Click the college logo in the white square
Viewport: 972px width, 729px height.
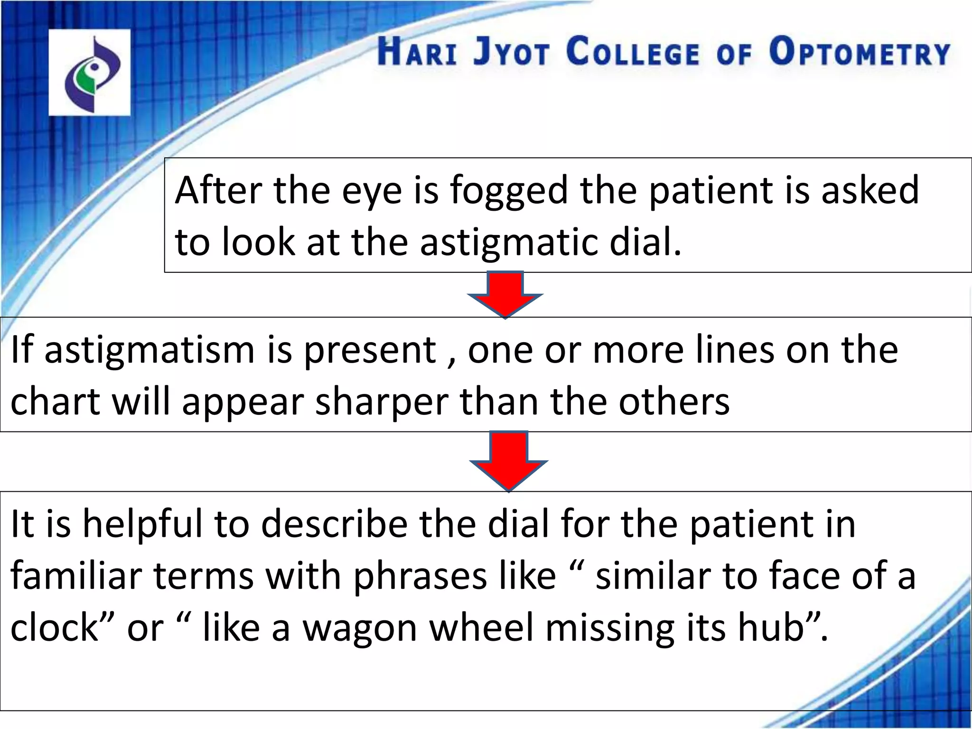(89, 72)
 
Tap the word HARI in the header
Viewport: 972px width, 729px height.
(418, 53)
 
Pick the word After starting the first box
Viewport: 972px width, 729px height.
(218, 190)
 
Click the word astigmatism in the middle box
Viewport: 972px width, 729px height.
(150, 350)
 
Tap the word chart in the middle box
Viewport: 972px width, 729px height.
(55, 402)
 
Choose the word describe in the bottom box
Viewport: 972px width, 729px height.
(334, 525)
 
